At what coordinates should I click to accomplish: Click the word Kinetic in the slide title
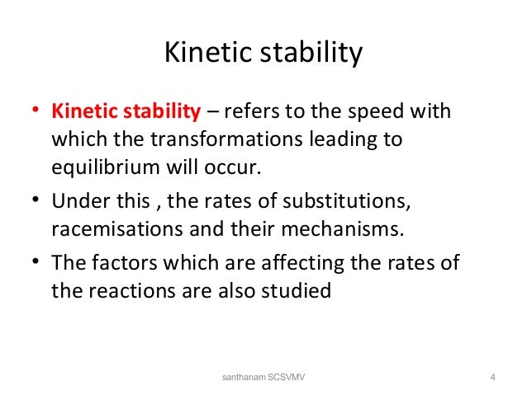pos(209,54)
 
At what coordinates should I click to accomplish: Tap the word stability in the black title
pos(312,54)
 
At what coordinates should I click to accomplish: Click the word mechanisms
pos(356,229)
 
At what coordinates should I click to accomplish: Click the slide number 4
pos(492,378)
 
